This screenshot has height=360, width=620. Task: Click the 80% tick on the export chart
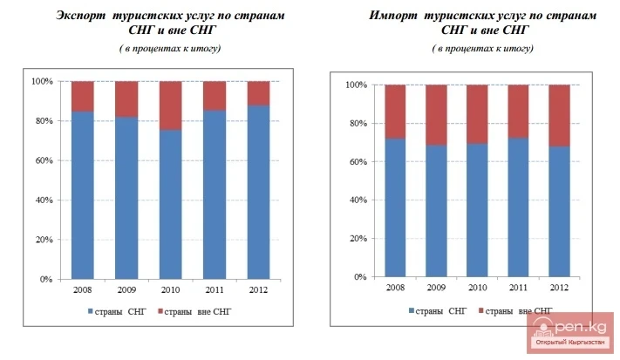click(x=44, y=121)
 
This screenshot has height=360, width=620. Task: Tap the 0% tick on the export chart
click(x=46, y=280)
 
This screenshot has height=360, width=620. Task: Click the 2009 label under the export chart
click(x=126, y=291)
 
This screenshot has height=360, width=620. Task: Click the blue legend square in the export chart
click(x=89, y=311)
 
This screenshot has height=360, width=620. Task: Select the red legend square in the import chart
click(x=479, y=310)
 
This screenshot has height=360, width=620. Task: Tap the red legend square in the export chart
click(x=160, y=311)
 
